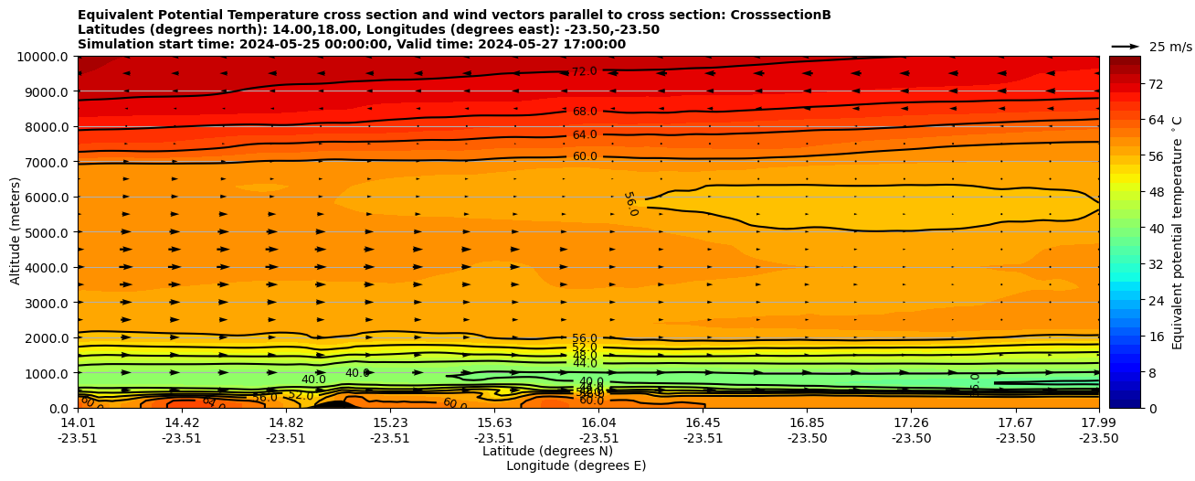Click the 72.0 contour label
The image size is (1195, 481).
(x=584, y=71)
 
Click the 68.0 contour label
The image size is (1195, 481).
(x=584, y=112)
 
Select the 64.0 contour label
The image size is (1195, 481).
(x=584, y=134)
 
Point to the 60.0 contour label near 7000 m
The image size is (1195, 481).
(x=584, y=156)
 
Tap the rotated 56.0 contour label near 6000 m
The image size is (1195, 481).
(x=629, y=203)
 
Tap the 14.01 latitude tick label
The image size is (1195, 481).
(x=78, y=423)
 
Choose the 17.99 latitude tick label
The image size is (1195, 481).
(x=1098, y=423)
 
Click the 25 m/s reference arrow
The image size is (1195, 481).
(x=1125, y=46)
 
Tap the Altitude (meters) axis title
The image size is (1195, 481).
(x=16, y=232)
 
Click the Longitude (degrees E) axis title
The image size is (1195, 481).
(x=576, y=466)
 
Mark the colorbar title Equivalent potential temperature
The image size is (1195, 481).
(x=1178, y=232)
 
